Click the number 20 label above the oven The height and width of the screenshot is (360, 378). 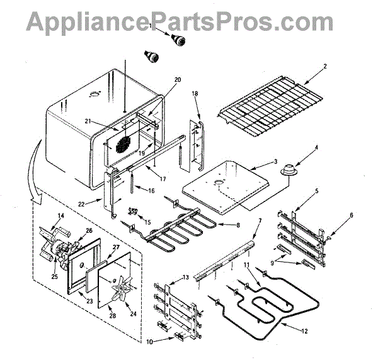[177, 80]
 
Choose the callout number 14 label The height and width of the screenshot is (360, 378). [61, 215]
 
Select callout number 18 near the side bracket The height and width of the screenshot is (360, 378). [195, 94]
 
